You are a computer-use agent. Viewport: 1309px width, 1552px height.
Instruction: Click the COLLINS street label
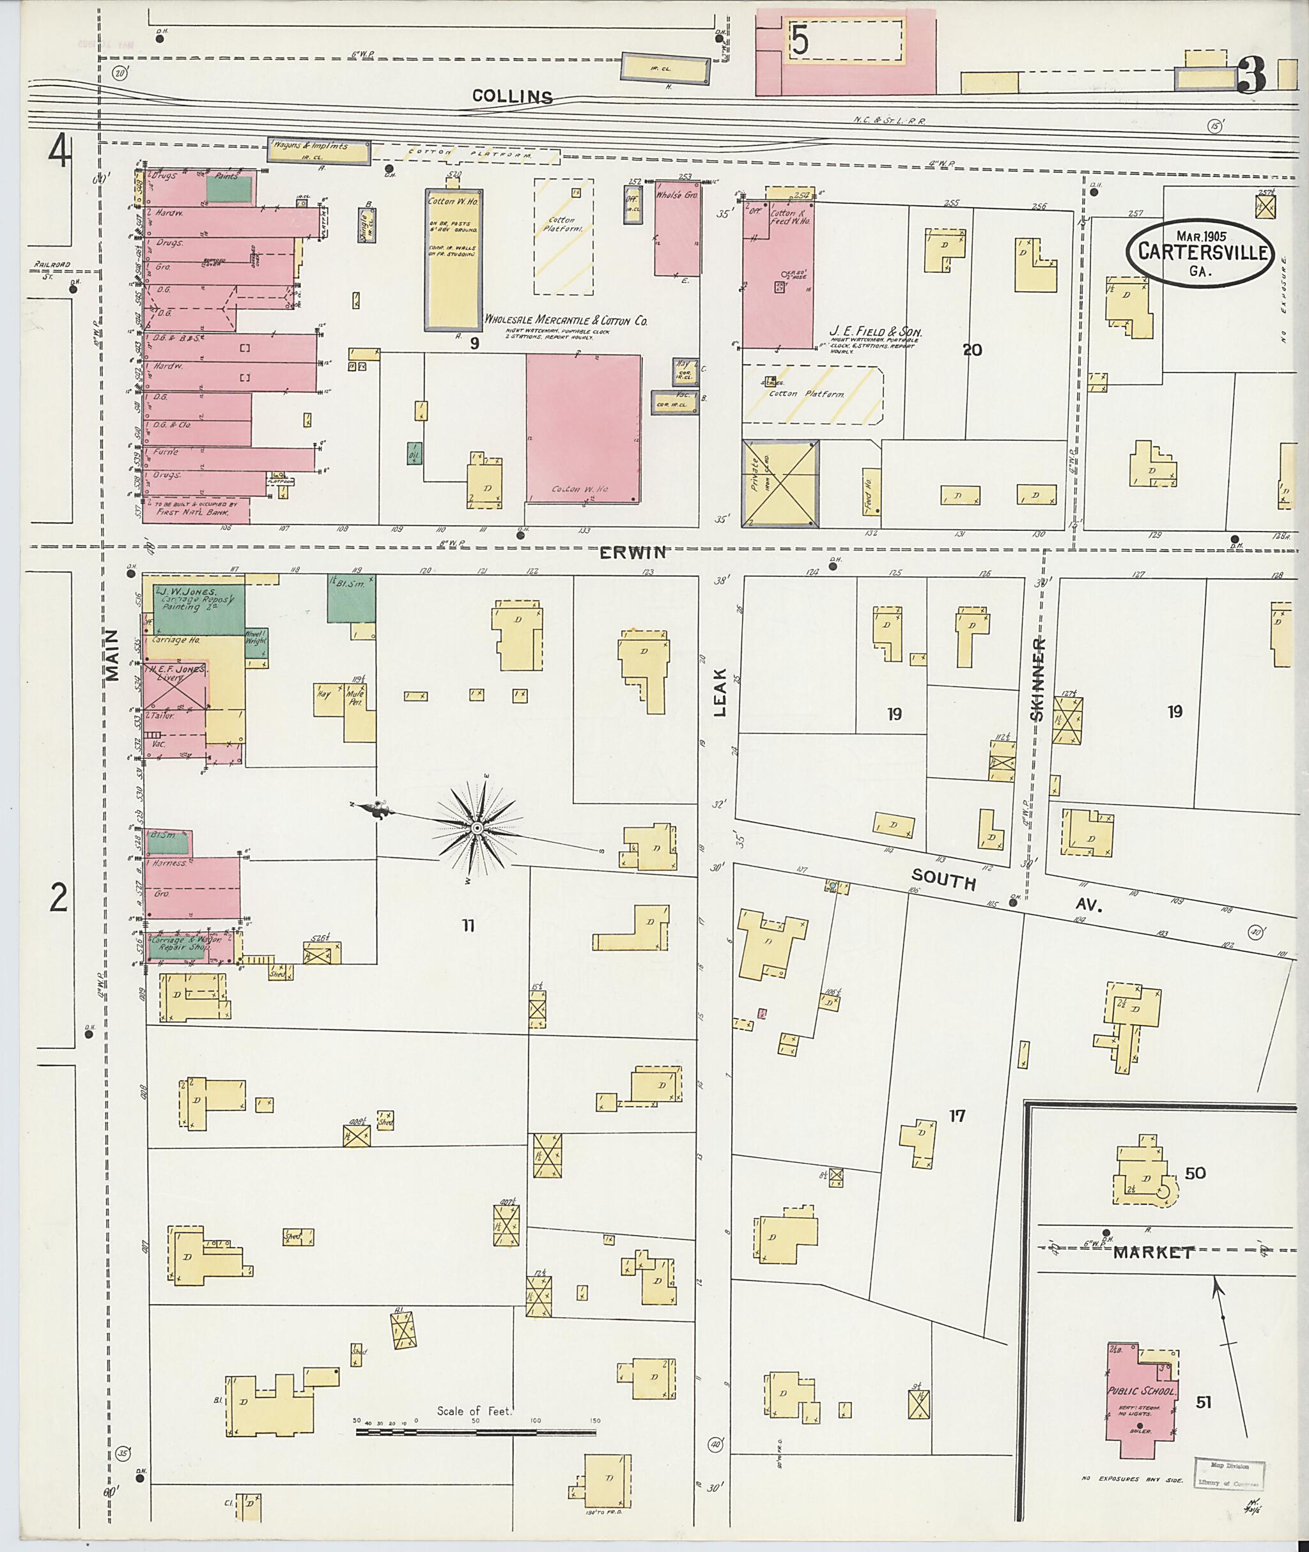513,96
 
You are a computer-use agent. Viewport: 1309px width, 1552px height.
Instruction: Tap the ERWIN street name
633,552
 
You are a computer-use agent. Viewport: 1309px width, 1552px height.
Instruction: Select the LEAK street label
720,700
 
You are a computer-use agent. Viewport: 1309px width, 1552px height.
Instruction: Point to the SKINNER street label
1038,679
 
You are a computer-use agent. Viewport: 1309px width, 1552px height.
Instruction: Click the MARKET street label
1152,1252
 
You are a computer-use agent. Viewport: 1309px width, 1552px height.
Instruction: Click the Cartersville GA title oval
1199,252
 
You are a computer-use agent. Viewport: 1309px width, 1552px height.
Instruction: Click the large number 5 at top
799,40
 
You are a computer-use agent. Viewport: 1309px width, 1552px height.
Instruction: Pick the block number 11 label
469,925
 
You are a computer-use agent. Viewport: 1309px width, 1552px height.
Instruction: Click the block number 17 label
957,1115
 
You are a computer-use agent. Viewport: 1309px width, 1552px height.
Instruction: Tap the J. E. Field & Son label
876,332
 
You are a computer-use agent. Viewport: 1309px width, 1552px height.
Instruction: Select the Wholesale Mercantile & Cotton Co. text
566,321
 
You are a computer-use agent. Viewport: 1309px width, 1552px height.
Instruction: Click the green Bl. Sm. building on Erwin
352,598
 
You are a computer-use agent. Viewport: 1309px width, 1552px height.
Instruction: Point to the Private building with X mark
780,484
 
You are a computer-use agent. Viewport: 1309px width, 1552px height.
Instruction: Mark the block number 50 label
1195,1173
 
